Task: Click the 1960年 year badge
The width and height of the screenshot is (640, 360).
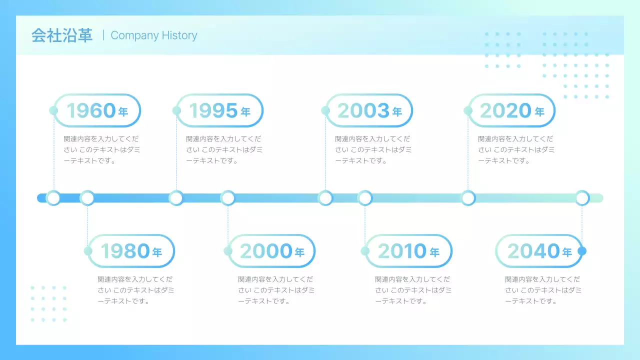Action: pos(97,110)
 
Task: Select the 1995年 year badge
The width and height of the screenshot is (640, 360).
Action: pos(220,110)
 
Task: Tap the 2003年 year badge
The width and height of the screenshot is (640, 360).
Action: pos(369,110)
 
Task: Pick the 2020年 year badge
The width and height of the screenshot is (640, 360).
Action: pos(512,110)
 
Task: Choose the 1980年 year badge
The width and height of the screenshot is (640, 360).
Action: pos(131,251)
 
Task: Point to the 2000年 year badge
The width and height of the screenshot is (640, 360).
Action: pos(272,251)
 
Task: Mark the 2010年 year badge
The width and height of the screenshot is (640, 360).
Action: pos(408,251)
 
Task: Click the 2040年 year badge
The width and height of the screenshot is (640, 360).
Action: pos(539,251)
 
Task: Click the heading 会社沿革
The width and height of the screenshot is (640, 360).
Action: pos(62,35)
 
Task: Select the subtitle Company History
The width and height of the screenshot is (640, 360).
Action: pos(154,35)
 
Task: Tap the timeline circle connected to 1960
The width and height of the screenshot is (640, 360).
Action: pos(53,198)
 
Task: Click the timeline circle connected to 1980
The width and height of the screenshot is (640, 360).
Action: pos(87,198)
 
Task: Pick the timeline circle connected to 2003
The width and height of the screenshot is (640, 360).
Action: pos(325,198)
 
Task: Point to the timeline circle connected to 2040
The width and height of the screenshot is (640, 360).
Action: pos(582,198)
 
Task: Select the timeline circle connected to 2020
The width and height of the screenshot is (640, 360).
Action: pos(468,198)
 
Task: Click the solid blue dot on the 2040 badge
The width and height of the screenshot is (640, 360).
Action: pos(582,251)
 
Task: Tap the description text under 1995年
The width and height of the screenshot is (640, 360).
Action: pos(224,149)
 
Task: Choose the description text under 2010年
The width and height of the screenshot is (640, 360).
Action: pos(413,290)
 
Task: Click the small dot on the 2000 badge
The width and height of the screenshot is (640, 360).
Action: pos(228,251)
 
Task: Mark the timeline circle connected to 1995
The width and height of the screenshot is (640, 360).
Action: pos(176,198)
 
